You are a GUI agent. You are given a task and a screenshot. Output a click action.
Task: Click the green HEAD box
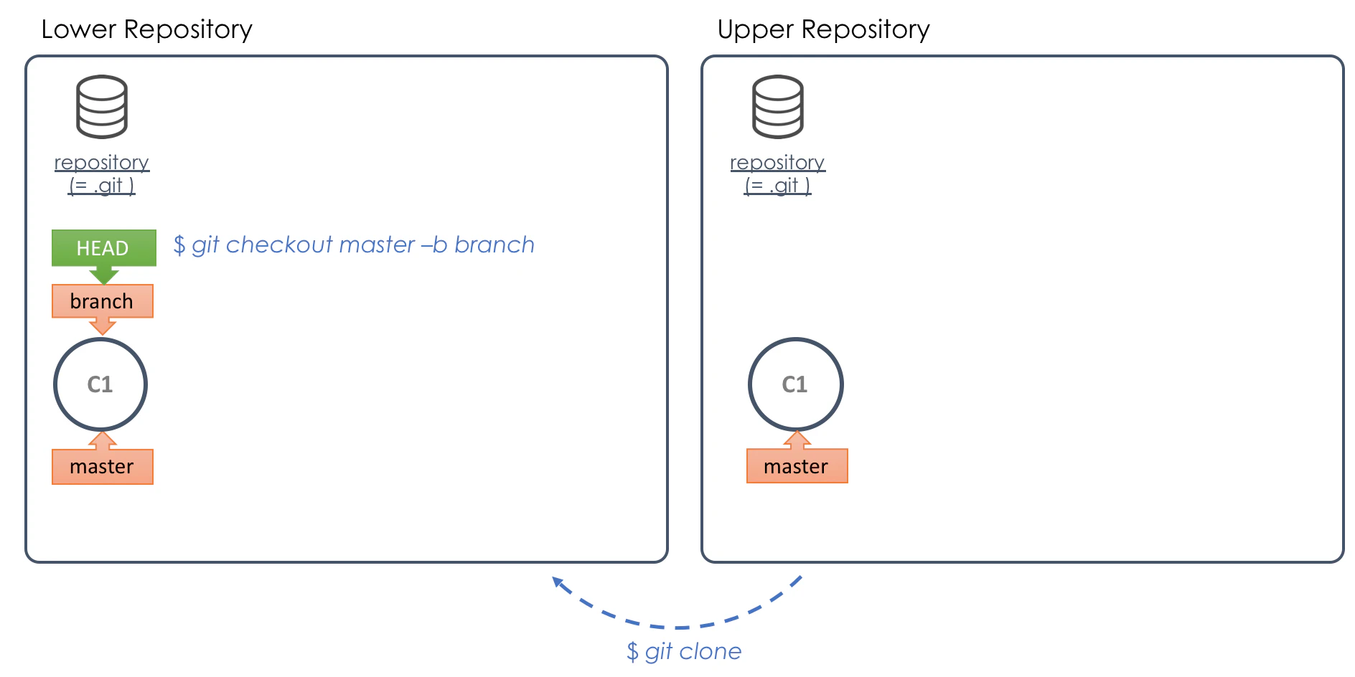(x=103, y=247)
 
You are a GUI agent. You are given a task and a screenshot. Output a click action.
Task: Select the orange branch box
(x=103, y=301)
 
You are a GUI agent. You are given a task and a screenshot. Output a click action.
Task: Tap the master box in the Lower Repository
(x=103, y=467)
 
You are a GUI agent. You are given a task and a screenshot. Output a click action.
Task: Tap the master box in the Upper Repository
(x=797, y=466)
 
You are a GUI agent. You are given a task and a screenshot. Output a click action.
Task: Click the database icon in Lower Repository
(x=102, y=107)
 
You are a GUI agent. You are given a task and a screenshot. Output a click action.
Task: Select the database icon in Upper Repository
(x=778, y=107)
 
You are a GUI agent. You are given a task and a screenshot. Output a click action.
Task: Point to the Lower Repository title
(x=147, y=29)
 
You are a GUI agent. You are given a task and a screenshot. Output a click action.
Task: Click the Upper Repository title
(x=823, y=29)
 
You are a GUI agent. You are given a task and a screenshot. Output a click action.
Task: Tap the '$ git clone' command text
(x=684, y=651)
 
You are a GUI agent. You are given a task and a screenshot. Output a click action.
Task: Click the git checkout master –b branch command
(x=354, y=245)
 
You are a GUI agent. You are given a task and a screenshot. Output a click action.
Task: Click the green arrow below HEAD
(x=104, y=275)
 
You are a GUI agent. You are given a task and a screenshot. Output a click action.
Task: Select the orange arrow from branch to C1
(x=103, y=326)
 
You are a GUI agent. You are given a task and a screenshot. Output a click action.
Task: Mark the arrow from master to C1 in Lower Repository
(x=103, y=440)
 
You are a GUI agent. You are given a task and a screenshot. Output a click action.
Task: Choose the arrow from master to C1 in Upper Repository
(x=797, y=440)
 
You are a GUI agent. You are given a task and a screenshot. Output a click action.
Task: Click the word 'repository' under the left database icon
(x=102, y=163)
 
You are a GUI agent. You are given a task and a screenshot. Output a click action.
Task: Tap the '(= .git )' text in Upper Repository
(x=778, y=186)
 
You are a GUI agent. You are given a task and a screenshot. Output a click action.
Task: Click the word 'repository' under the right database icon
(x=778, y=163)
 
